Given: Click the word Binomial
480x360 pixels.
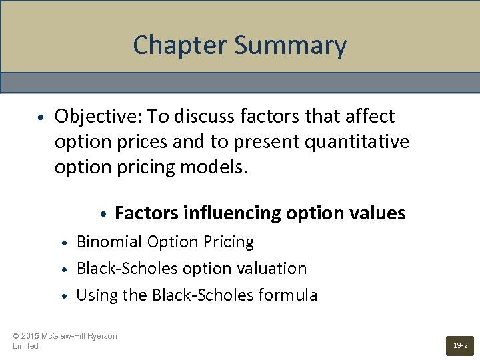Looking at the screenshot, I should click(108, 242).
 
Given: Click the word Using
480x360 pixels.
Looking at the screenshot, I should click(94, 295).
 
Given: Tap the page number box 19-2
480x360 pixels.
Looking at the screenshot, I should click(460, 345).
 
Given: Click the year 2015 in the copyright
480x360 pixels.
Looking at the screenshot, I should click(31, 336).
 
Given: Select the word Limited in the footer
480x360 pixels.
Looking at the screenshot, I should click(25, 346).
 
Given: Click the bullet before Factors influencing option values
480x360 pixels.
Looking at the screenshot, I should click(103, 215).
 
